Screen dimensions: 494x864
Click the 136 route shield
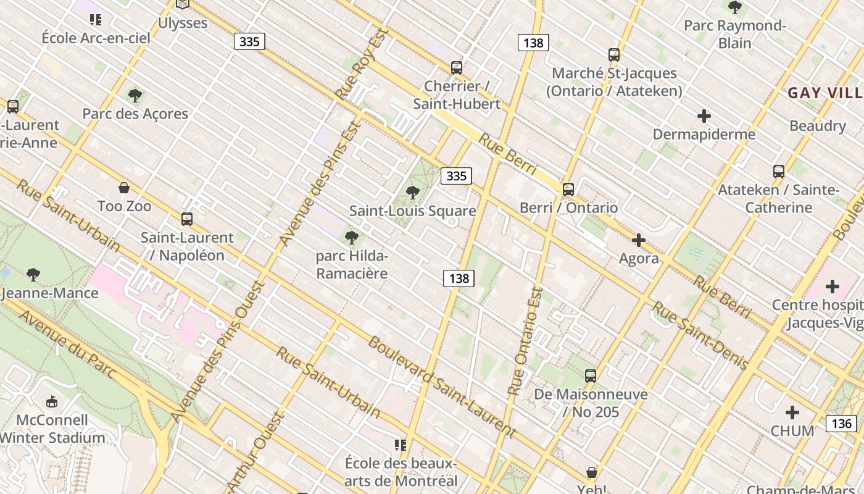click(x=841, y=423)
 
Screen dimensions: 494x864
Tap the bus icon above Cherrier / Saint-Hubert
click(x=456, y=67)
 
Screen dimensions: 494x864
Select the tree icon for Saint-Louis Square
click(x=413, y=192)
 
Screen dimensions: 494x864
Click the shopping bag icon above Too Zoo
click(x=124, y=187)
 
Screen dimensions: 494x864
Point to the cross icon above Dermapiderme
click(x=704, y=116)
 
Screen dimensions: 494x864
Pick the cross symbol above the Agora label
click(x=639, y=240)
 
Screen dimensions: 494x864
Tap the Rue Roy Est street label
click(x=361, y=63)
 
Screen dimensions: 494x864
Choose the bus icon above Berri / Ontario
click(x=568, y=189)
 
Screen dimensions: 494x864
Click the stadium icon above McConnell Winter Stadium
click(x=52, y=401)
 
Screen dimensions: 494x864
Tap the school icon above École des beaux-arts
click(x=401, y=445)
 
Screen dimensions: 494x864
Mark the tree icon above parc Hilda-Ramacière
click(x=351, y=237)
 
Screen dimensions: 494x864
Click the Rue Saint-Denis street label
click(x=700, y=336)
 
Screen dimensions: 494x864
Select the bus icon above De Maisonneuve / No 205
click(x=591, y=375)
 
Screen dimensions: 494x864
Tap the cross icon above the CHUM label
click(x=792, y=412)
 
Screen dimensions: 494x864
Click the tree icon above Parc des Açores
click(x=135, y=95)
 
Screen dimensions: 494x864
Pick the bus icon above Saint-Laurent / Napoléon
click(x=187, y=219)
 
